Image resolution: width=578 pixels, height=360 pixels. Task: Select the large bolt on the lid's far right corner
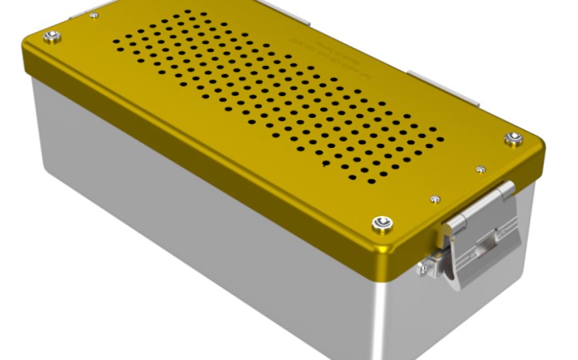[513, 139]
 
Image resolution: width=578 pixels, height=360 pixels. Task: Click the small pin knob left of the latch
[423, 269]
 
